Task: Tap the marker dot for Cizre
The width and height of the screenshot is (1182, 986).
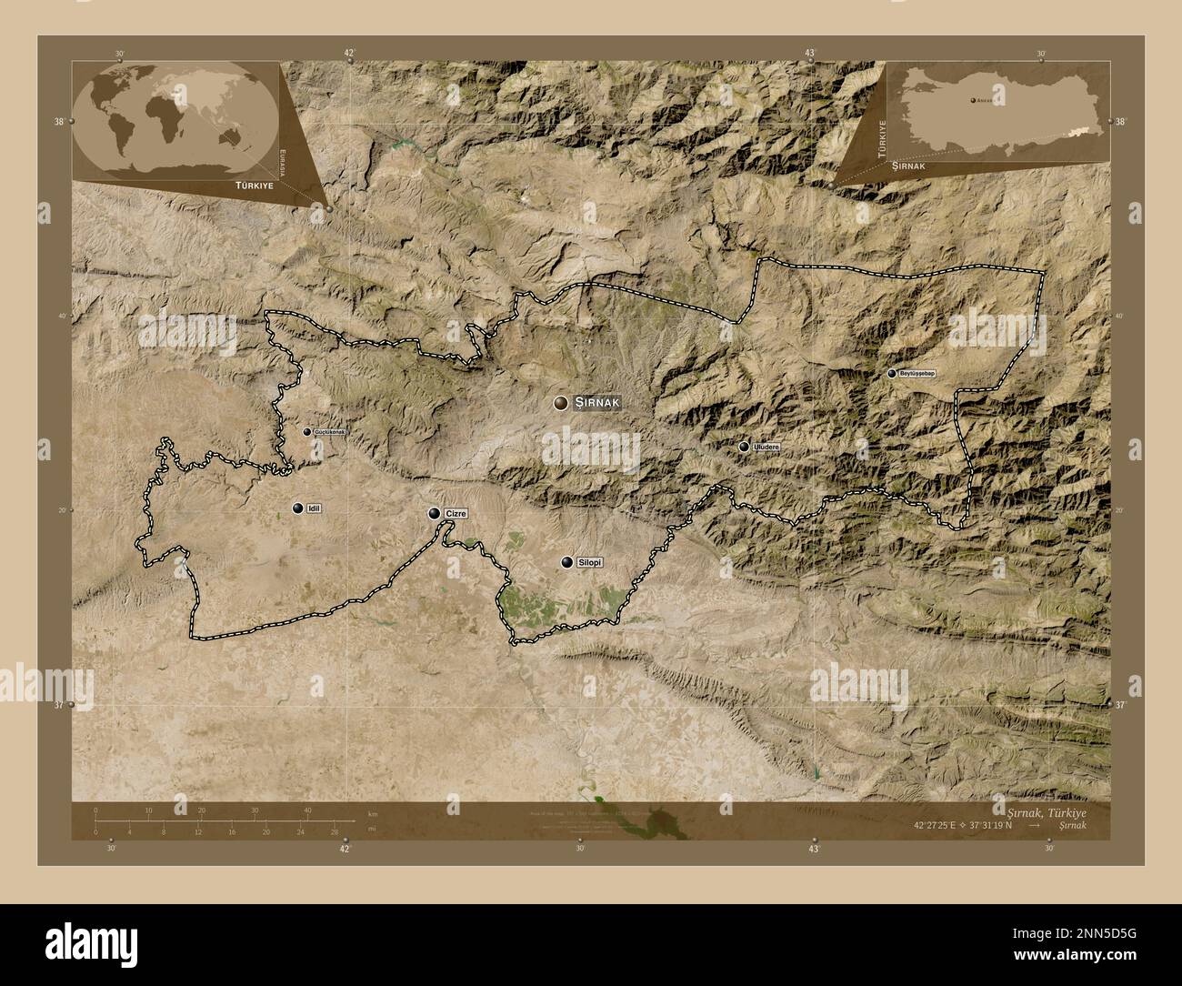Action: click(x=435, y=514)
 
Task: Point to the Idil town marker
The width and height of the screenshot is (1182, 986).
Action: click(x=297, y=508)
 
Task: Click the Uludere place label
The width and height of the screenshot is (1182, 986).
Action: click(x=766, y=447)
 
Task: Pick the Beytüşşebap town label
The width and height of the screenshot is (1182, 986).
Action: click(x=917, y=373)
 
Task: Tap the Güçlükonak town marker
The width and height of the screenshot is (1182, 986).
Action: click(x=307, y=432)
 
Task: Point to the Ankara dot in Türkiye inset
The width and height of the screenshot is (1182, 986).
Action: click(x=972, y=100)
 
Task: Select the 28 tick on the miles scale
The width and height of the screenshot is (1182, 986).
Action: click(x=335, y=831)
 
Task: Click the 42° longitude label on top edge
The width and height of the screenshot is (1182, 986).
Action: click(x=348, y=53)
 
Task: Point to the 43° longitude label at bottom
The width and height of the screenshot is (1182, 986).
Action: click(x=814, y=849)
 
